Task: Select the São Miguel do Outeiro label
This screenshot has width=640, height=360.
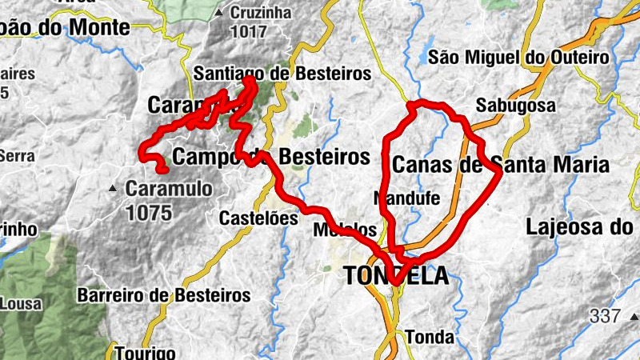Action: coord(518,57)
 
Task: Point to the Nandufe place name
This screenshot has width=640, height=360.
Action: coord(407,198)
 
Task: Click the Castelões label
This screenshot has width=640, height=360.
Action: coord(253,218)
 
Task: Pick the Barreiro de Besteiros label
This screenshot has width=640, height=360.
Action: coord(164,295)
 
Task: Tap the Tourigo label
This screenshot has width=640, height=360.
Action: coord(145,352)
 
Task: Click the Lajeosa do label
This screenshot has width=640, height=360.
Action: coord(579,226)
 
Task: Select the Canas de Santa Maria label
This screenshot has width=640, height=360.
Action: coord(501,166)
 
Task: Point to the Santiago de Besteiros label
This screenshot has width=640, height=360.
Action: coord(283,74)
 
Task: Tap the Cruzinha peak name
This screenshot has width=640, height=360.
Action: coord(262,13)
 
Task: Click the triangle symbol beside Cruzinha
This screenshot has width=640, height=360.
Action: coord(219,13)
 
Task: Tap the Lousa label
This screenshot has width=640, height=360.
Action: coord(15,303)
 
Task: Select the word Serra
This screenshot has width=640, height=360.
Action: coord(16,156)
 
